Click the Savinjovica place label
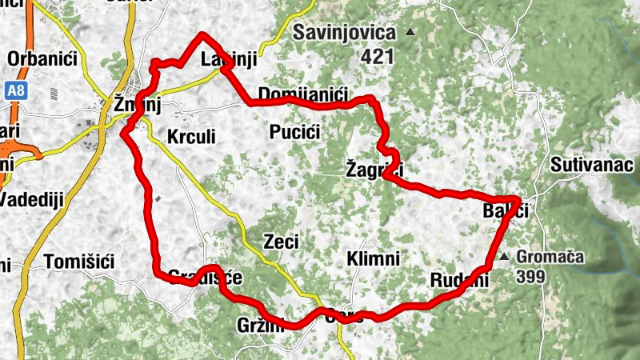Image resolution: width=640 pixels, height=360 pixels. point(345,33)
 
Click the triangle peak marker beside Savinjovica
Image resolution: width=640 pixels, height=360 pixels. point(410,33)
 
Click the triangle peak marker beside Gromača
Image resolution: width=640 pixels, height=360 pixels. point(504,258)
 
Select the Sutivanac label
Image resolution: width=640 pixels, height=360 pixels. point(590,166)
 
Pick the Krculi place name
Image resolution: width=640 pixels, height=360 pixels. point(191,137)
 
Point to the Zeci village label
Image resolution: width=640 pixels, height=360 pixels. point(282,241)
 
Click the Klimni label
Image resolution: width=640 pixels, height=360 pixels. point(374,258)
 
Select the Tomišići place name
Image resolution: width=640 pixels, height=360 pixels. point(81,262)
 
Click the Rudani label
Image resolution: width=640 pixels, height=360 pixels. point(459,280)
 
